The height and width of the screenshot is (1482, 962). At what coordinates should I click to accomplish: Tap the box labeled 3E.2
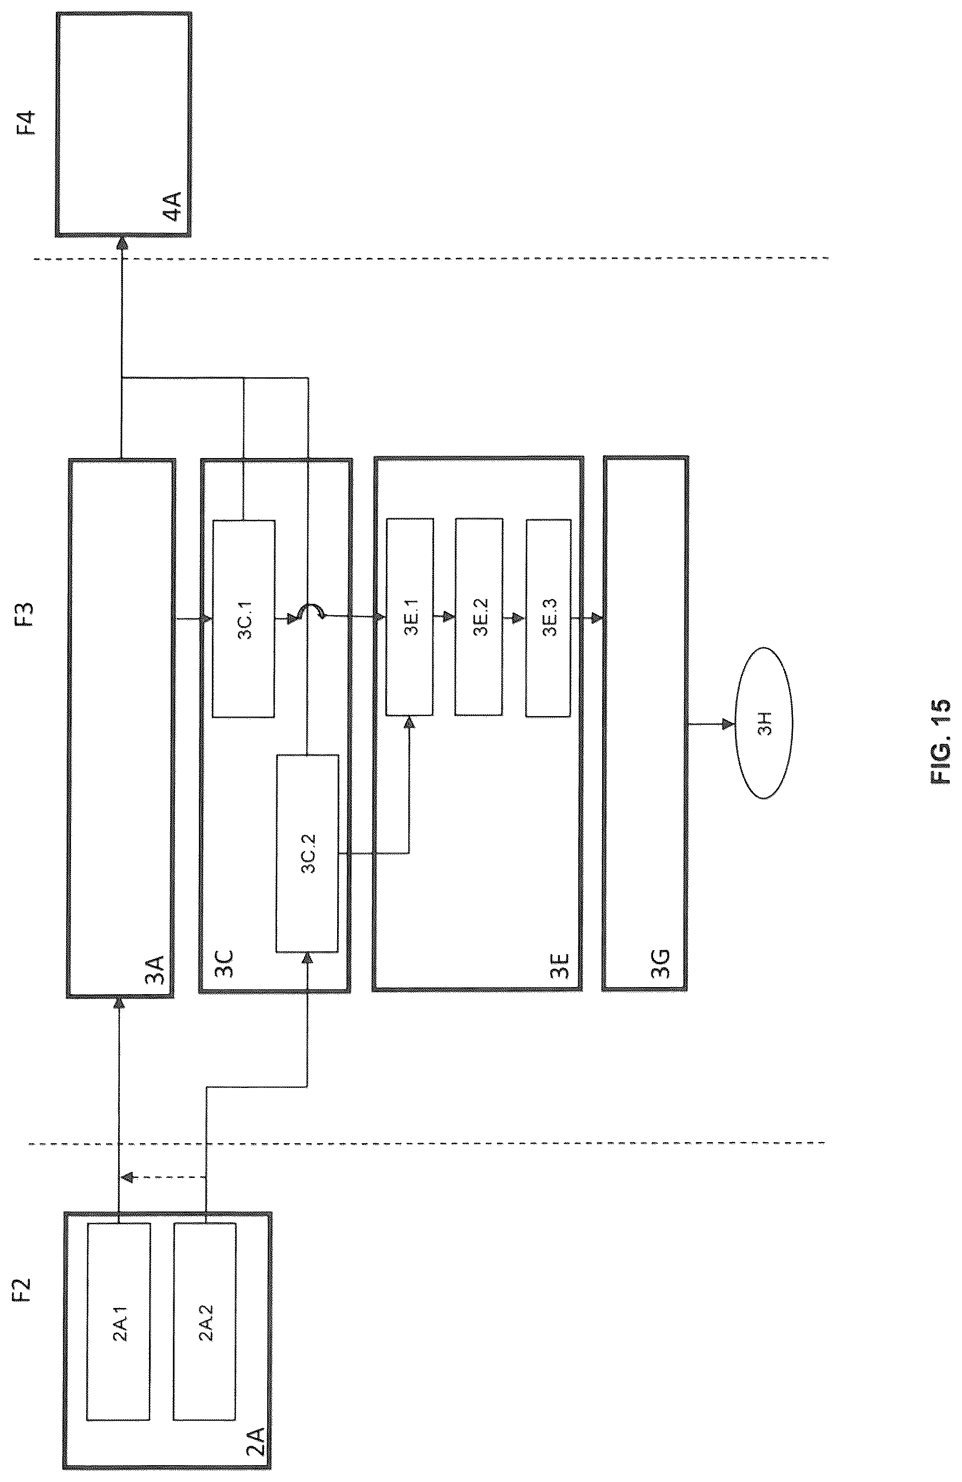479,617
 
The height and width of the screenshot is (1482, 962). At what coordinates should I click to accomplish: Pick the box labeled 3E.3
548,617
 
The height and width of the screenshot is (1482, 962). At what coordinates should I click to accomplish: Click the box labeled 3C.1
243,618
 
